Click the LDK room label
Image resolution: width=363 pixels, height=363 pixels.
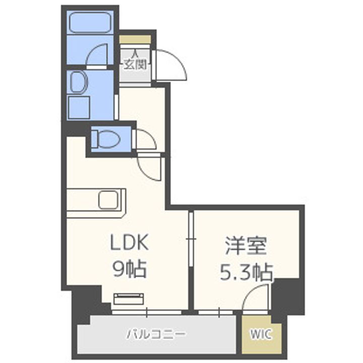coord(129,244)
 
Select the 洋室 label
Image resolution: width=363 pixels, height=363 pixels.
coord(246,246)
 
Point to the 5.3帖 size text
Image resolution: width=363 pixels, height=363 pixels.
coord(246,273)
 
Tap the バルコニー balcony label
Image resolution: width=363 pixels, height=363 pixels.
coord(156,334)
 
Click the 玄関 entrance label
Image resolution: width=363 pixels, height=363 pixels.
coord(135,64)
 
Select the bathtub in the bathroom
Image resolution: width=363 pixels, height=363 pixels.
coord(90,22)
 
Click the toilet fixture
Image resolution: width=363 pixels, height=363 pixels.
coord(106,137)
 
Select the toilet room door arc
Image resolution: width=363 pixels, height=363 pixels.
coord(145,139)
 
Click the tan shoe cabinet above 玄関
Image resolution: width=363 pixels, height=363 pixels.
coord(135,39)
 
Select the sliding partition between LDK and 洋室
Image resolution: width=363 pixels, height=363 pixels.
coord(191,237)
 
